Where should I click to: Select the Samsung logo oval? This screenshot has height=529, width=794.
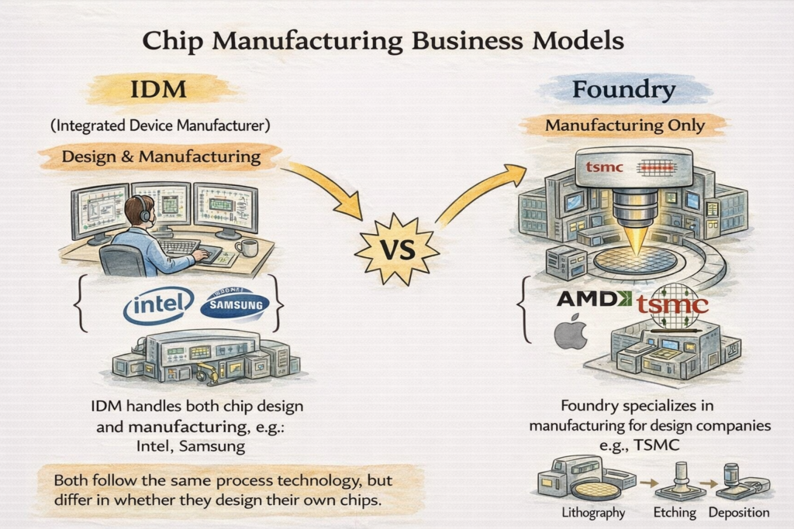click(x=234, y=304)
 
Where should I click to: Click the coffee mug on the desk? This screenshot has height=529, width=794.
click(x=245, y=247)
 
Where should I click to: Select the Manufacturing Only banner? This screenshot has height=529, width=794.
click(x=624, y=125)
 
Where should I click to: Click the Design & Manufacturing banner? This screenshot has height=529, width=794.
click(x=161, y=156)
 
